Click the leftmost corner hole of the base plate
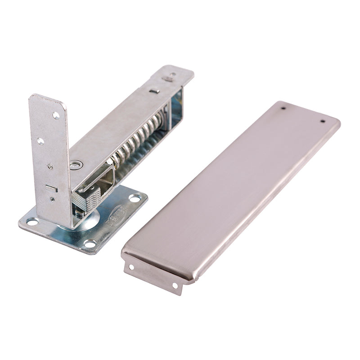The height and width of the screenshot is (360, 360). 32,221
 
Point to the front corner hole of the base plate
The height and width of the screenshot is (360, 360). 90,243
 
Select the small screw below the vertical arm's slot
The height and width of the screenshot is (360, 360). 53,198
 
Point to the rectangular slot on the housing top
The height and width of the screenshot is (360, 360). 154,91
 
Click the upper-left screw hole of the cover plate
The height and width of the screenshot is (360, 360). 283,108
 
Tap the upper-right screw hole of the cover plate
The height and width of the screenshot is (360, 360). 322,121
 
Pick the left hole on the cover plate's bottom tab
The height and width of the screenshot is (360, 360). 131,268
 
